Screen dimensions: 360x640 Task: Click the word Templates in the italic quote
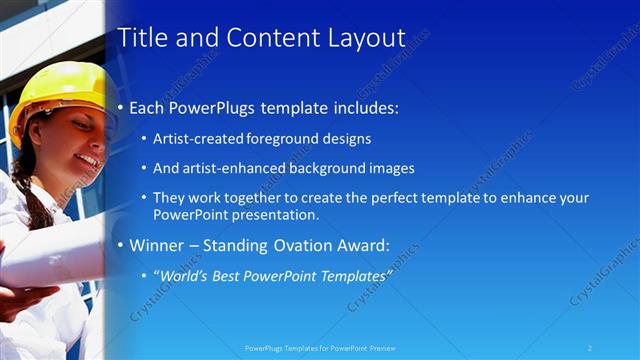351,275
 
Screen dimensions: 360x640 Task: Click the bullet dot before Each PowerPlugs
121,108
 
